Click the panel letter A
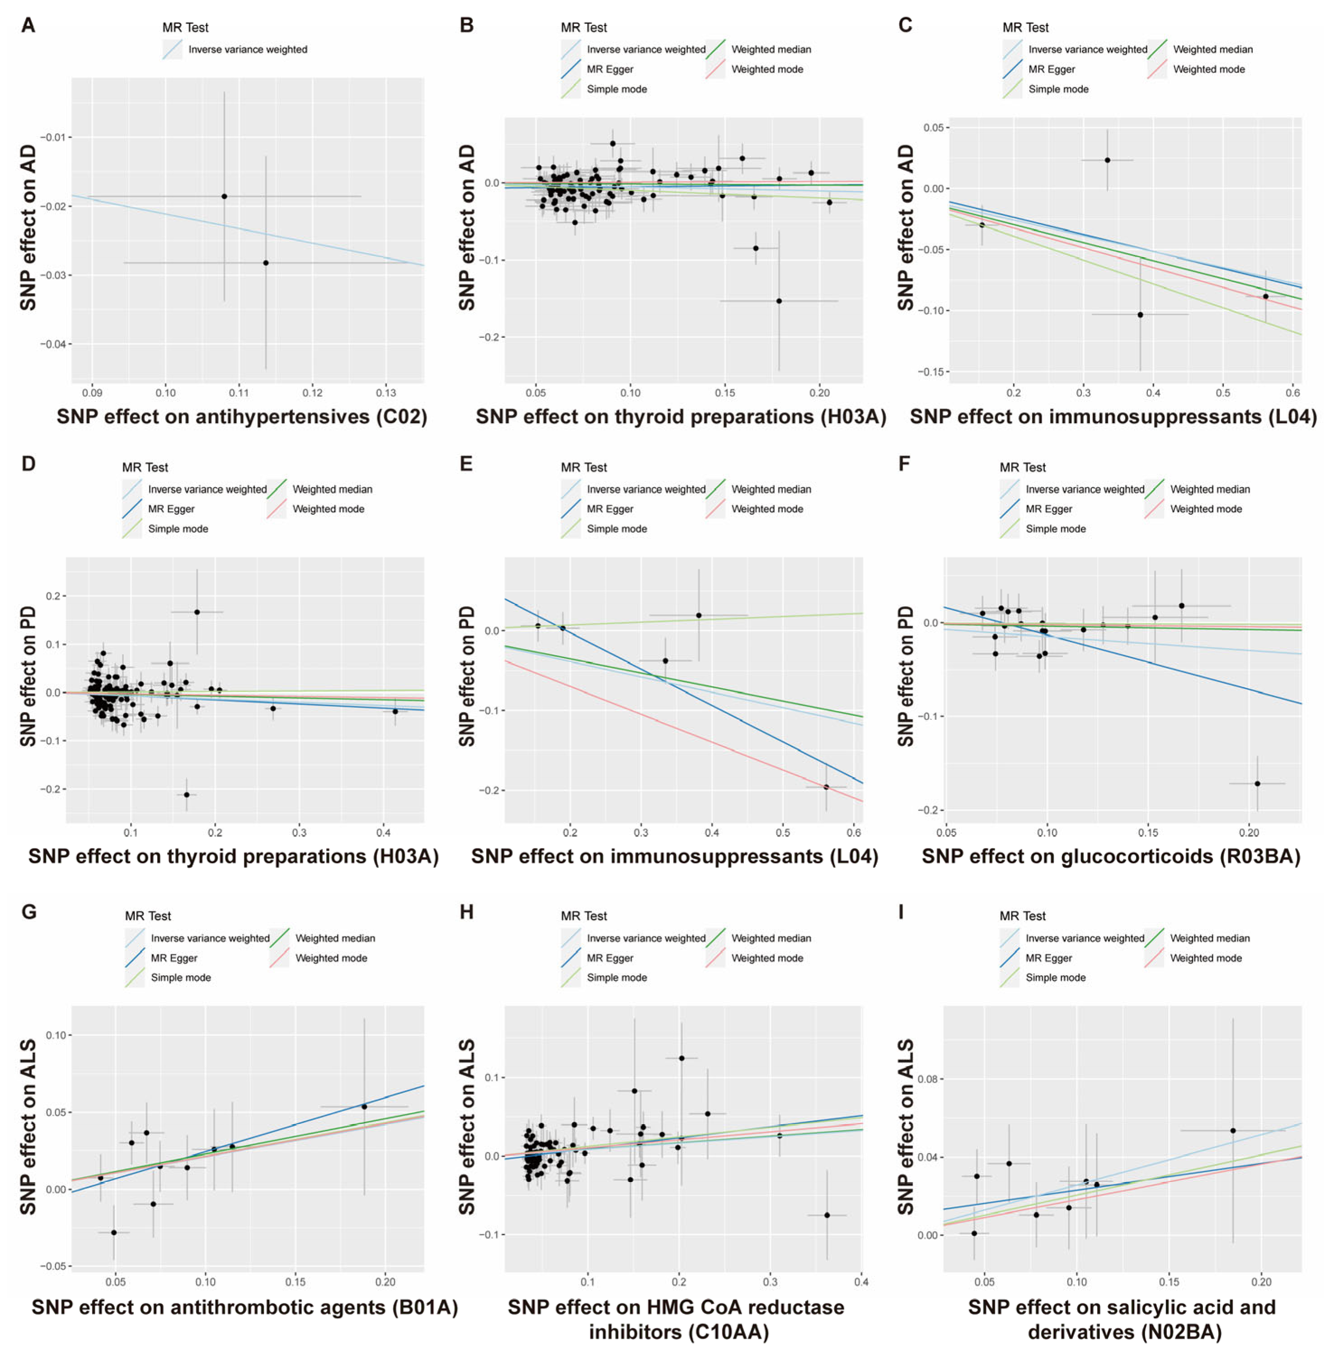(x=28, y=25)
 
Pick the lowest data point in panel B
(x=778, y=301)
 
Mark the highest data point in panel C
(x=1107, y=160)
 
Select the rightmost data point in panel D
(x=395, y=711)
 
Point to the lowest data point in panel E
(x=826, y=787)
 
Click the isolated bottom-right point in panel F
(x=1257, y=783)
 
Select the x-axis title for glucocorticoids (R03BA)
(x=1110, y=856)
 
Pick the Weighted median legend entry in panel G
(x=335, y=938)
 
